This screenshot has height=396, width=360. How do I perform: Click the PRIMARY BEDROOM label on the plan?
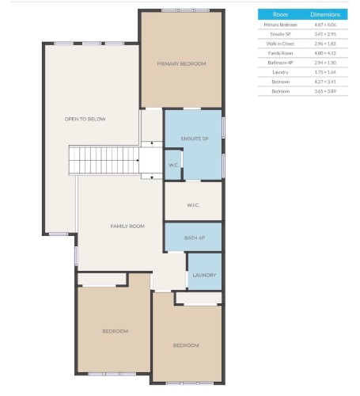pos(181,63)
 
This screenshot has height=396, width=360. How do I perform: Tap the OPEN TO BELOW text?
pos(85,119)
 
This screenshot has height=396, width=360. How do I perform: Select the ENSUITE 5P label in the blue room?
pos(194,139)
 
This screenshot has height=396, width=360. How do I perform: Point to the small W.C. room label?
pos(173,165)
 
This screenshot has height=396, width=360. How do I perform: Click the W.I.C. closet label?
pos(193,204)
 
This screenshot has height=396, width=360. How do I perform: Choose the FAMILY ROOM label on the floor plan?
pos(127,227)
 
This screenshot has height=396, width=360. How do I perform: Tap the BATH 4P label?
pos(195,237)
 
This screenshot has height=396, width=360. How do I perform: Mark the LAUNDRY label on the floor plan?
pos(204,275)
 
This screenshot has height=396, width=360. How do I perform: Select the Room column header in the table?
pos(280,14)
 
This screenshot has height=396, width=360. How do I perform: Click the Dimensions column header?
pos(325,14)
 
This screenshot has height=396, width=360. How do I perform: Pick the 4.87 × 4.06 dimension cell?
pos(325,25)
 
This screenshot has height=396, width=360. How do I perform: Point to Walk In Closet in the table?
pos(280,44)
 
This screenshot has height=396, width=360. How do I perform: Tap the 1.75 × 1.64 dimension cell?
pos(325,72)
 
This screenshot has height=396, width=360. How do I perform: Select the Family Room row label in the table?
pos(280,53)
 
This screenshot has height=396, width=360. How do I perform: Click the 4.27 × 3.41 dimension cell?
pos(325,82)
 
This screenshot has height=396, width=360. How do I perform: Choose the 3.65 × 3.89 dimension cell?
pos(325,91)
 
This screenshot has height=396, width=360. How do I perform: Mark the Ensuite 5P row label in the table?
pos(280,34)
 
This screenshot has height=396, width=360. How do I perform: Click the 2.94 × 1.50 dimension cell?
pos(325,63)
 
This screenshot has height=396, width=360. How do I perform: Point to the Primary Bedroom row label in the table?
pos(280,25)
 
